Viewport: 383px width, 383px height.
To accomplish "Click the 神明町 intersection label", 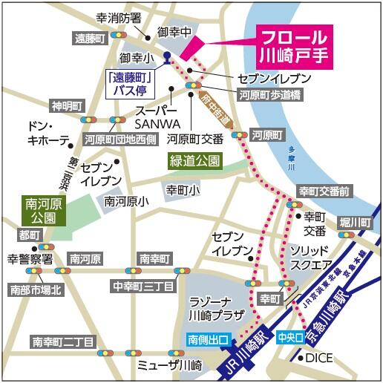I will pyautogui.click(x=64, y=104).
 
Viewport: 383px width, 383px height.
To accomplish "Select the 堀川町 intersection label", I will pyautogui.click(x=356, y=223).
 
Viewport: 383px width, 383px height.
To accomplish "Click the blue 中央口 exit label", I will pyautogui.click(x=290, y=337).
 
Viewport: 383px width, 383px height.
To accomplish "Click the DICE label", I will pyautogui.click(x=320, y=359).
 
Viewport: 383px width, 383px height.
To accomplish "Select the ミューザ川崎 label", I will pyautogui.click(x=170, y=366).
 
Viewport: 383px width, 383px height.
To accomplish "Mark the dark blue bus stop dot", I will pyautogui.click(x=167, y=55).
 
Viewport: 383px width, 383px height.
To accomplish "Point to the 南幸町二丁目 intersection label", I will pyautogui.click(x=62, y=342).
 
